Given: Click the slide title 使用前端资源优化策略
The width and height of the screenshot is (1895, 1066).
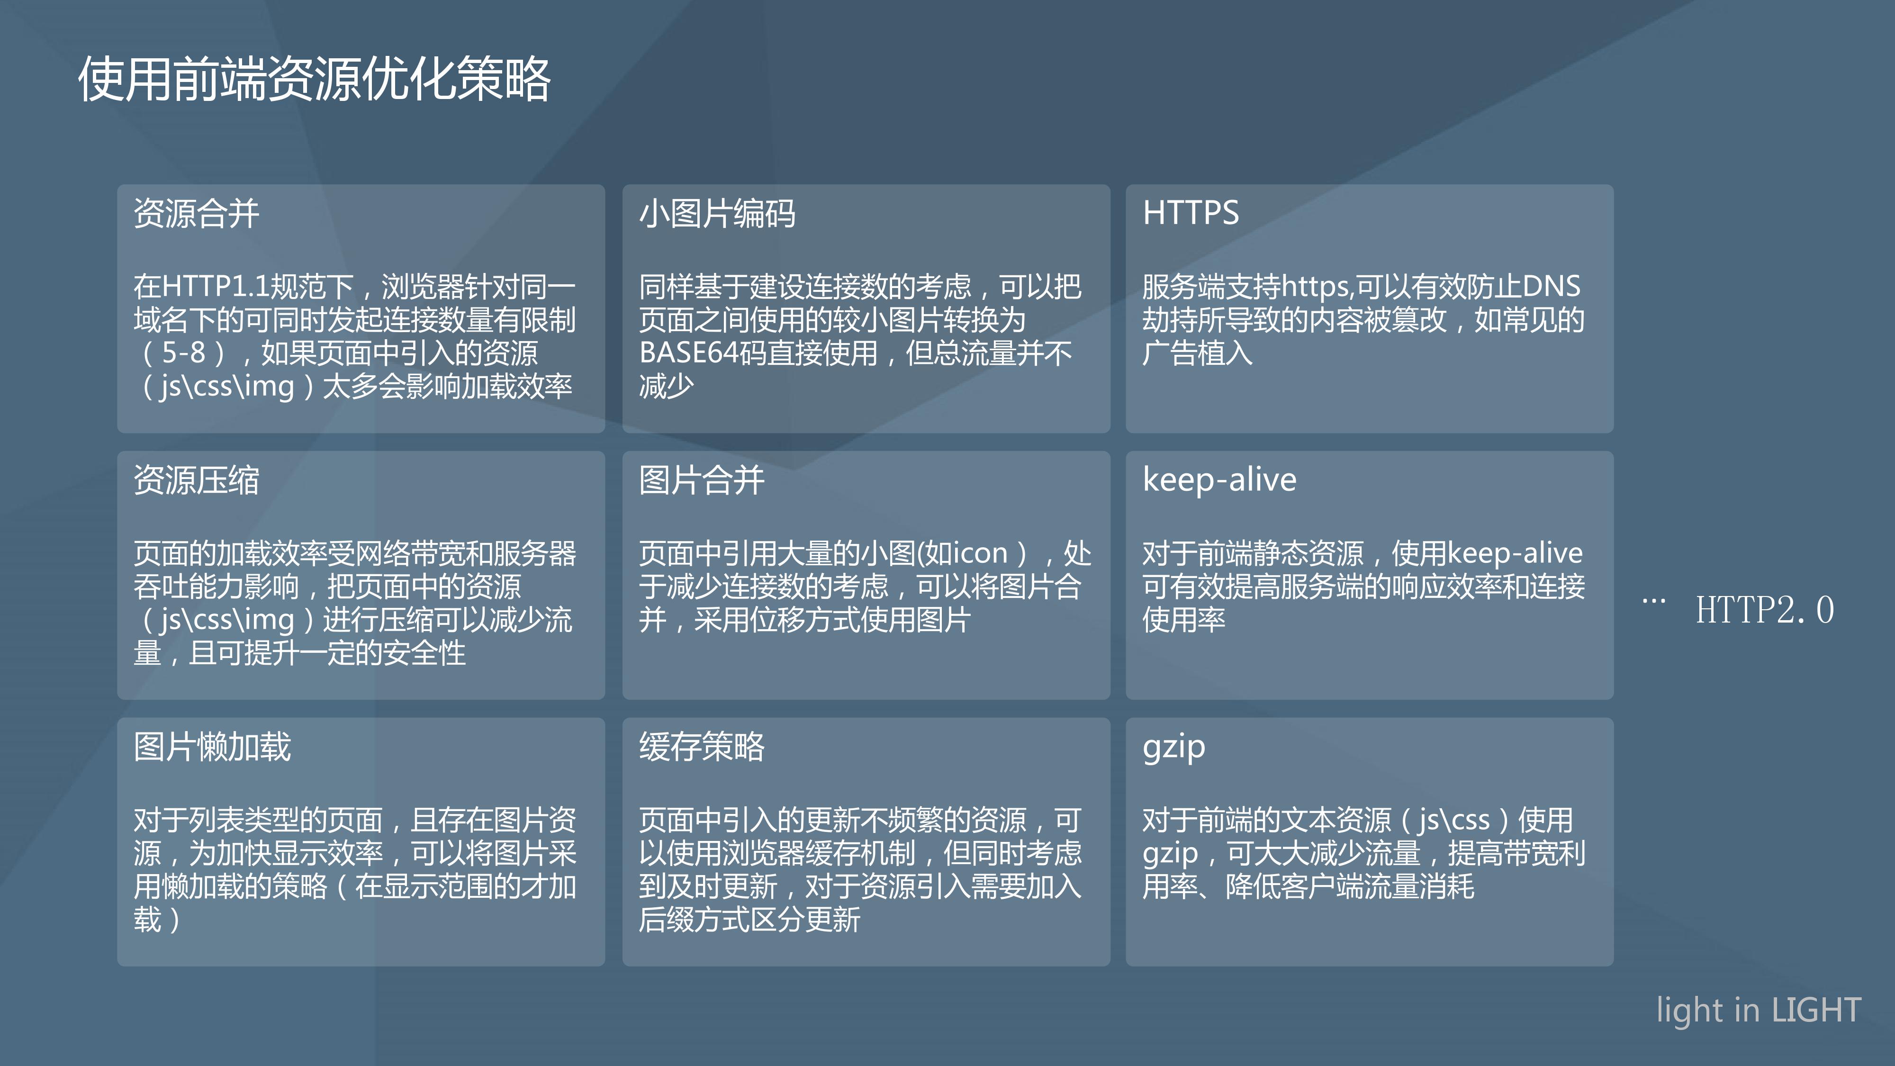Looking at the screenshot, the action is [x=314, y=79].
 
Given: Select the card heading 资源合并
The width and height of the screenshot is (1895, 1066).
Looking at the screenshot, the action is [x=197, y=213].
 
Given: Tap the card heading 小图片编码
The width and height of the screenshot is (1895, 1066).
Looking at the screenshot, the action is [x=717, y=213].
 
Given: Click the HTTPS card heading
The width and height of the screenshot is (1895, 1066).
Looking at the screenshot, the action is [x=1190, y=213].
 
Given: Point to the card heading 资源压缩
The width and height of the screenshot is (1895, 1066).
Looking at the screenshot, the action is [x=197, y=480].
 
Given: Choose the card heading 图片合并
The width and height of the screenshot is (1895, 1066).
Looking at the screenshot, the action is [x=702, y=480].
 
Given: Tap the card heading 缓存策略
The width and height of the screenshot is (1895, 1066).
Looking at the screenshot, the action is [x=702, y=747].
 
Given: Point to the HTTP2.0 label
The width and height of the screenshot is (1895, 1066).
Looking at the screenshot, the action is [x=1764, y=610].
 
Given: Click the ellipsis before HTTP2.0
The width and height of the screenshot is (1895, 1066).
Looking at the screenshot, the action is [x=1654, y=602].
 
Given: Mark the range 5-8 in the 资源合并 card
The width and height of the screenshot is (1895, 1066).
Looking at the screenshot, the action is [x=184, y=352].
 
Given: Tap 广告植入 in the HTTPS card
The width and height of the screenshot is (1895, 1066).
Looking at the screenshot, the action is [x=1198, y=353].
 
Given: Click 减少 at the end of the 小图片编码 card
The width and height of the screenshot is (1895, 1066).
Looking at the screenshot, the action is [x=667, y=386].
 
